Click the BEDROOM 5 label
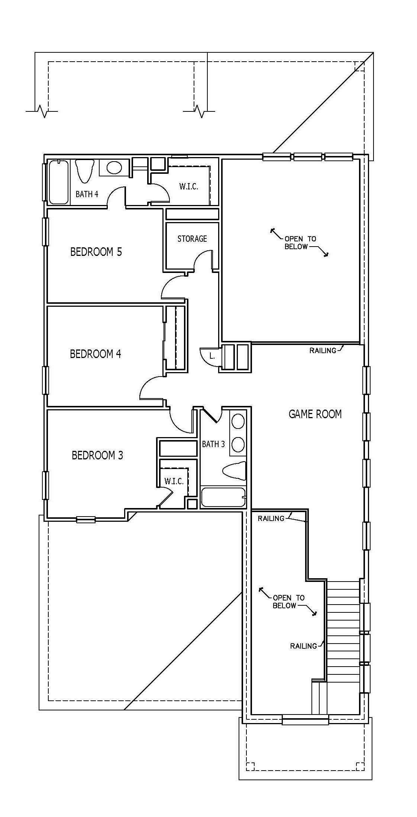[x=96, y=252]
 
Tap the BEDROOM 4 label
[x=96, y=354]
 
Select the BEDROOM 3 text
[x=97, y=455]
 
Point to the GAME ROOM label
[x=315, y=414]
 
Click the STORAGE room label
[x=192, y=239]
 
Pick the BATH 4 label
[x=87, y=194]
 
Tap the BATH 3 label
[x=213, y=444]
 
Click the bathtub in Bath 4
[x=59, y=182]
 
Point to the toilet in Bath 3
[x=235, y=471]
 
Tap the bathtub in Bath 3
[x=223, y=497]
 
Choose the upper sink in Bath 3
[x=238, y=422]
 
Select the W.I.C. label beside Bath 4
[x=189, y=186]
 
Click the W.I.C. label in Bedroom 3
[x=174, y=481]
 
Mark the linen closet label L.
[x=212, y=356]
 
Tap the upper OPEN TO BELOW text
[x=300, y=243]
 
